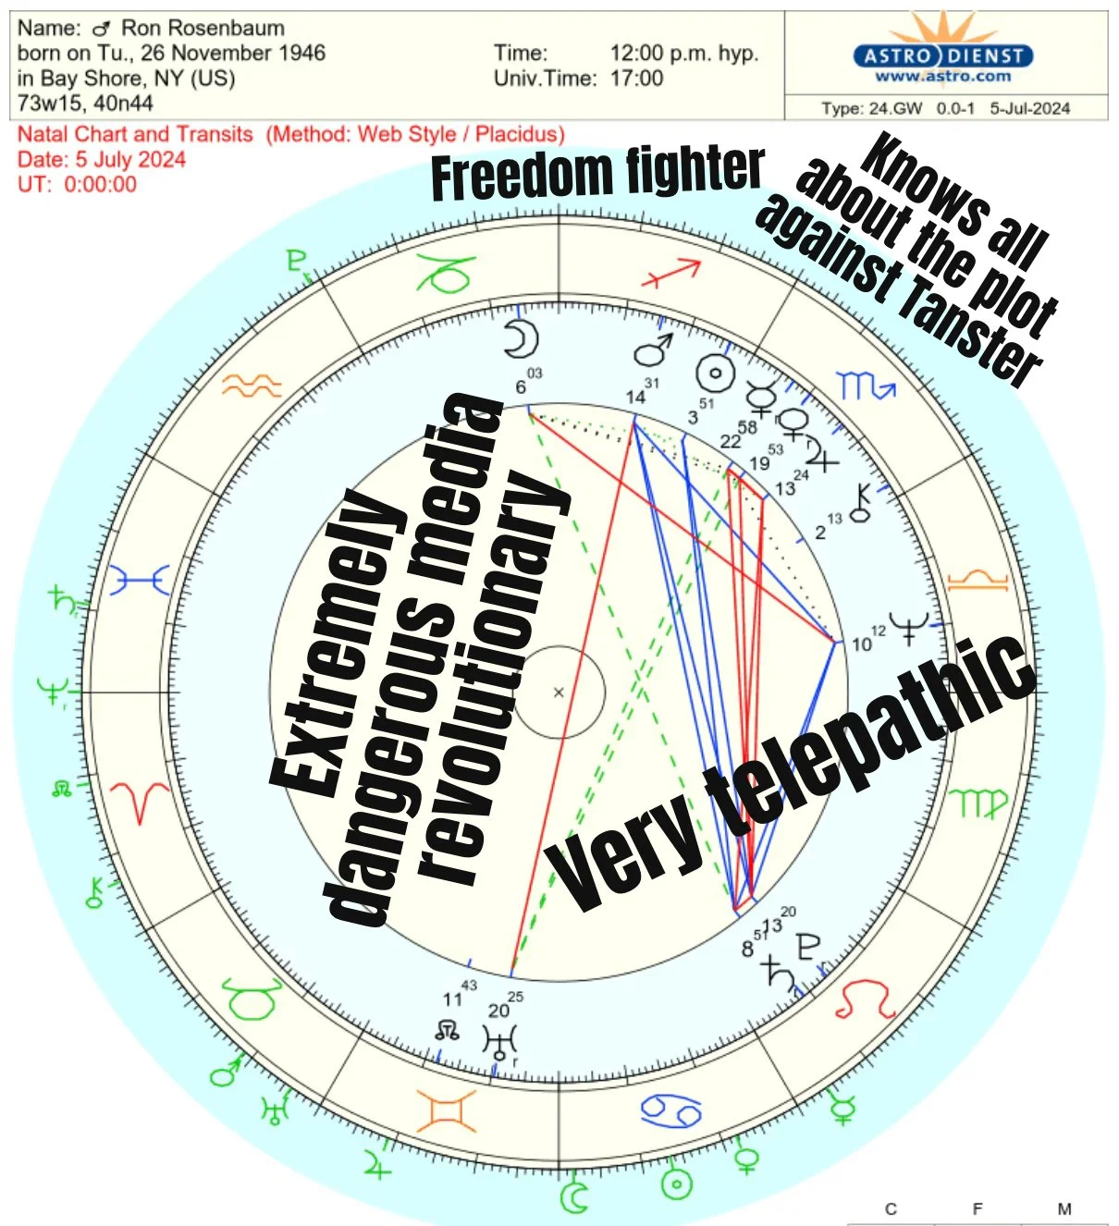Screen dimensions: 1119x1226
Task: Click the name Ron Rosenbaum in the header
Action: click(x=203, y=28)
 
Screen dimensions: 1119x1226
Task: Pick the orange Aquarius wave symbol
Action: click(x=252, y=384)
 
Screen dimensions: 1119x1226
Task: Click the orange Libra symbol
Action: click(x=978, y=581)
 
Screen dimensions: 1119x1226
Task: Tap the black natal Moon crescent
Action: click(x=520, y=339)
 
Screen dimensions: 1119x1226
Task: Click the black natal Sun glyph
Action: click(x=715, y=372)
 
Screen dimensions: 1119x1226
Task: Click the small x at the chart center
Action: click(x=559, y=692)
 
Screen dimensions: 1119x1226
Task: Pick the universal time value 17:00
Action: click(x=636, y=79)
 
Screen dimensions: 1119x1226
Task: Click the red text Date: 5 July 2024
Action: click(x=102, y=159)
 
